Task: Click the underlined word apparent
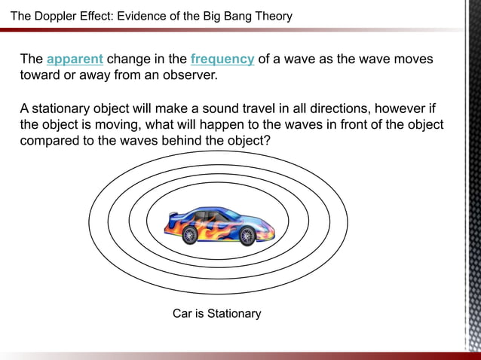tap(75, 59)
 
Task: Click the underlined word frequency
tap(222, 59)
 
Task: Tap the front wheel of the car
tap(247, 236)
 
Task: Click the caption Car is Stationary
tap(216, 313)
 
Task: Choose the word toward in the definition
tap(41, 76)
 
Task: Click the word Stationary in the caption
tap(234, 313)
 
